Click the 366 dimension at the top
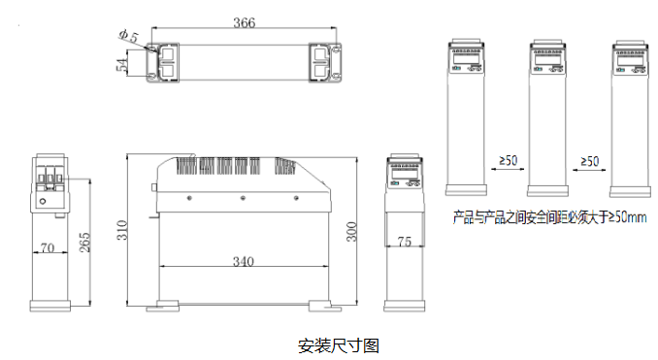tap(245, 23)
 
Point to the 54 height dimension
tap(121, 64)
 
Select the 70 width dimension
tap(46, 248)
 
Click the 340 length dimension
tap(244, 261)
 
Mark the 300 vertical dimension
tap(353, 231)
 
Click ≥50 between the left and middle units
tap(508, 161)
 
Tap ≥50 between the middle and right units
tap(589, 161)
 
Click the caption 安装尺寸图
tap(338, 344)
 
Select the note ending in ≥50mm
tap(550, 217)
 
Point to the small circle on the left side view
tap(43, 202)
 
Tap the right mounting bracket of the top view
tap(324, 60)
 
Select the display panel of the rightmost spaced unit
tap(627, 60)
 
